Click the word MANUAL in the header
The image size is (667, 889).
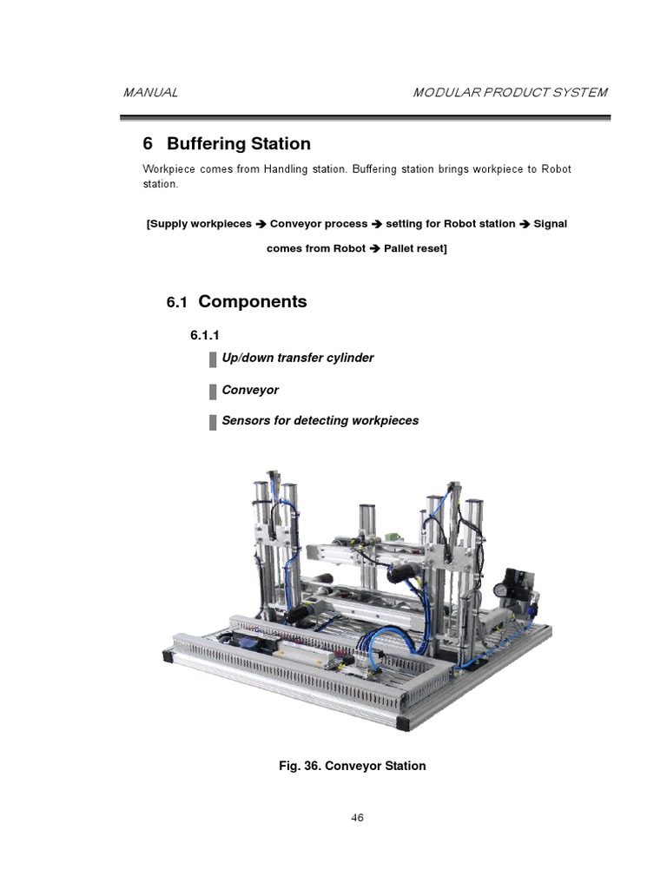point(150,93)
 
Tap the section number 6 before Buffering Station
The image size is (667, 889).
point(148,143)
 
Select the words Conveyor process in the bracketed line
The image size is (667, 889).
point(319,224)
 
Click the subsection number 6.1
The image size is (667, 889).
point(177,303)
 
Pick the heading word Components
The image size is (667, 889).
point(253,302)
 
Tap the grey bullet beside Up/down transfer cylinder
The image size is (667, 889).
point(213,359)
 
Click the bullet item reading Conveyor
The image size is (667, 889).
point(250,390)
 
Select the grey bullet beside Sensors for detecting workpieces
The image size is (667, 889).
point(213,422)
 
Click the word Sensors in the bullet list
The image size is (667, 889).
point(246,421)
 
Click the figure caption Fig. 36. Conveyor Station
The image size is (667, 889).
point(352,766)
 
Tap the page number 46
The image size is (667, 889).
point(357,818)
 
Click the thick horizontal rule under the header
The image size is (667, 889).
point(365,117)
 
